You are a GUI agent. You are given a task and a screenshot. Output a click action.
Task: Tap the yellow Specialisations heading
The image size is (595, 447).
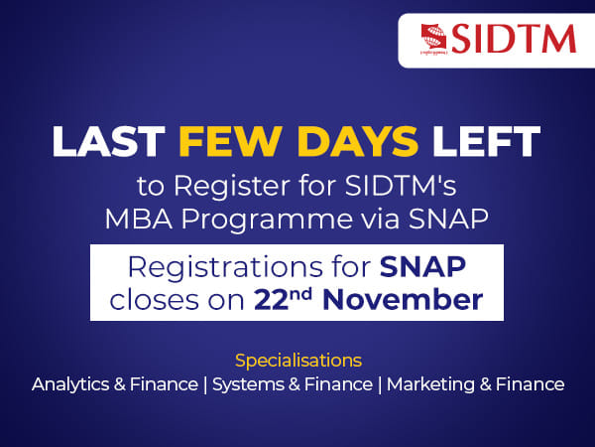click(x=298, y=358)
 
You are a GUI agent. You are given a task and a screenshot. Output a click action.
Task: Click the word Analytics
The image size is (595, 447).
click(x=72, y=383)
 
